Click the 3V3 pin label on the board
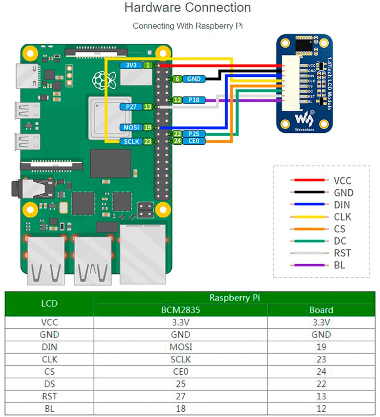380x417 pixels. [x=131, y=65]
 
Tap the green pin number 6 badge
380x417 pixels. [x=177, y=79]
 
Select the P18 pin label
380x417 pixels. [x=194, y=100]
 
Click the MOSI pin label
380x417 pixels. [x=131, y=127]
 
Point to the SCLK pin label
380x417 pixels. [x=131, y=141]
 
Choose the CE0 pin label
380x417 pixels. [x=194, y=141]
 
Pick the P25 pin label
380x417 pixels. [x=194, y=134]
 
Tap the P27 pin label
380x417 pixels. [x=131, y=107]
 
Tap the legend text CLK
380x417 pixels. [x=342, y=217]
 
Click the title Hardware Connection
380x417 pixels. [x=188, y=7]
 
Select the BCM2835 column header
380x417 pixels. [x=180, y=310]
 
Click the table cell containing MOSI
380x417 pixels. [x=180, y=347]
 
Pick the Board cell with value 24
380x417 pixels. [x=321, y=372]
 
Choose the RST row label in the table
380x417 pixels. [x=49, y=396]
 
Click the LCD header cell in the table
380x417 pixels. [x=49, y=303]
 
